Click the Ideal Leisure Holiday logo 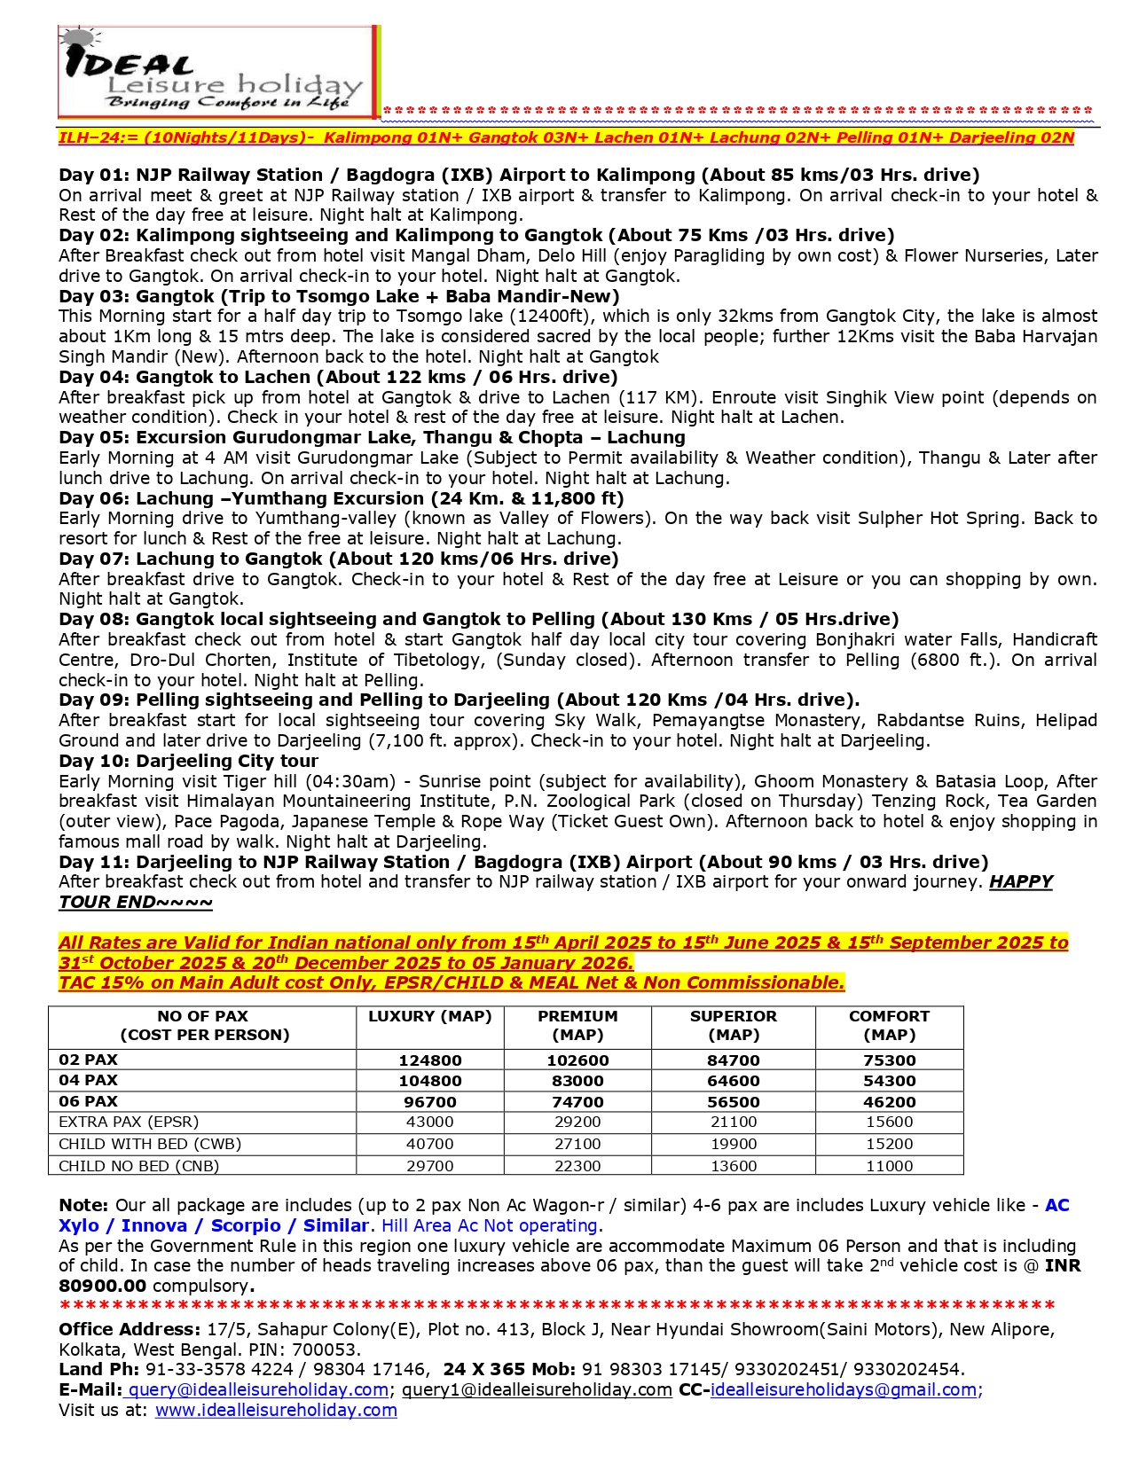pos(218,72)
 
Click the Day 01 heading pos(519,175)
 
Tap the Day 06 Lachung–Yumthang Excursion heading pos(342,498)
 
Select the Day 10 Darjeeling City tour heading pos(188,761)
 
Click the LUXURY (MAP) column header pos(429,1016)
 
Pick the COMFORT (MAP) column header pos(889,1025)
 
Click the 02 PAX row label pos(88,1060)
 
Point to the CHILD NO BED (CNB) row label pos(138,1166)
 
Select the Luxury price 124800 pos(429,1060)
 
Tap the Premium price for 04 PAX pos(577,1081)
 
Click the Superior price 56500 pos(733,1102)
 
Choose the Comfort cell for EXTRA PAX pos(889,1123)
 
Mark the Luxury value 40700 pos(429,1144)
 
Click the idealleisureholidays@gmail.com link pos(844,1390)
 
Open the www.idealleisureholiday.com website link pos(276,1411)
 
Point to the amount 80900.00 pos(103,1286)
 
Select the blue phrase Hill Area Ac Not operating pos(490,1225)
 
